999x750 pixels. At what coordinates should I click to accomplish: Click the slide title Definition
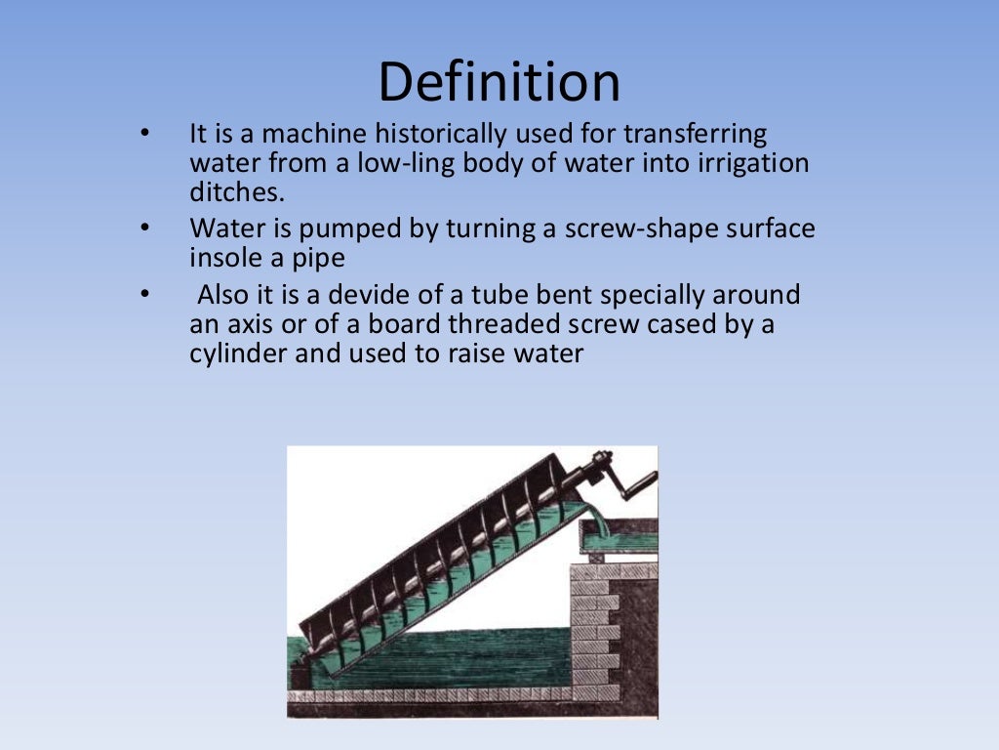coord(499,82)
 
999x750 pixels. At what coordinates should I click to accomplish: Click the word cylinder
coord(238,354)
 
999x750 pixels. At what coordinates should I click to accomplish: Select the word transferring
coord(696,134)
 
